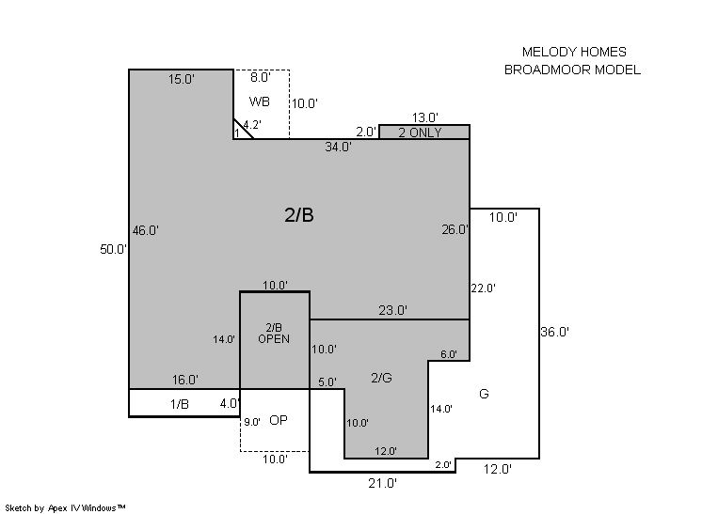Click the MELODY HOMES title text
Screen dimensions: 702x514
574,52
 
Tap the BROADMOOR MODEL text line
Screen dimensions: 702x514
572,70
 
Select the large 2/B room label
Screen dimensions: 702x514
299,215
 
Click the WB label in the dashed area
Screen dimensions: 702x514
259,101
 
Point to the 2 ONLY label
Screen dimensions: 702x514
420,132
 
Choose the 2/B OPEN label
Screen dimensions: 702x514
274,334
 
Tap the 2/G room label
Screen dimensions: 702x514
381,378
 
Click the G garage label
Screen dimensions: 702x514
484,394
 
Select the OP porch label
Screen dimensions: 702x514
278,420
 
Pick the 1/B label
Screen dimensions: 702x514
180,404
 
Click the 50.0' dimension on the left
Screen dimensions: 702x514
113,249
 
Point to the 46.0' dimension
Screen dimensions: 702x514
146,230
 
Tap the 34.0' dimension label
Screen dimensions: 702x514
338,147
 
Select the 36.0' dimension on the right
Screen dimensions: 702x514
554,332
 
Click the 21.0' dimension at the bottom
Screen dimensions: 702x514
382,483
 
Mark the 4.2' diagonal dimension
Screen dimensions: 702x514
252,124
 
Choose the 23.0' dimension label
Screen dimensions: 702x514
392,310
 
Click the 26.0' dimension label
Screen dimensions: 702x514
455,229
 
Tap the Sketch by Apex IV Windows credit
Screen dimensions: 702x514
65,508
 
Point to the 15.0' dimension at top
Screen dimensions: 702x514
181,79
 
